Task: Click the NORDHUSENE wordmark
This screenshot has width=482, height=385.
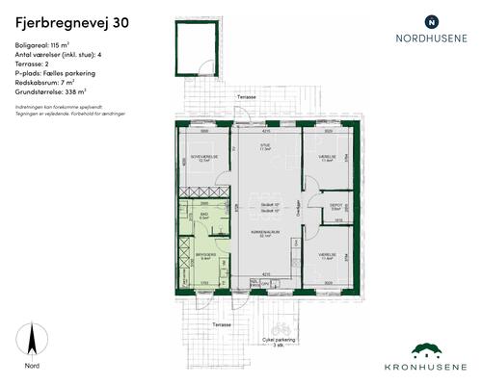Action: [x=431, y=40]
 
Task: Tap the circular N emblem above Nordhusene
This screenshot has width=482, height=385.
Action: [x=431, y=20]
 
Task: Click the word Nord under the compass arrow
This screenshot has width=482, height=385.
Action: [x=33, y=366]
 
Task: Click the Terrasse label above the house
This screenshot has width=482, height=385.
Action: [x=249, y=98]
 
